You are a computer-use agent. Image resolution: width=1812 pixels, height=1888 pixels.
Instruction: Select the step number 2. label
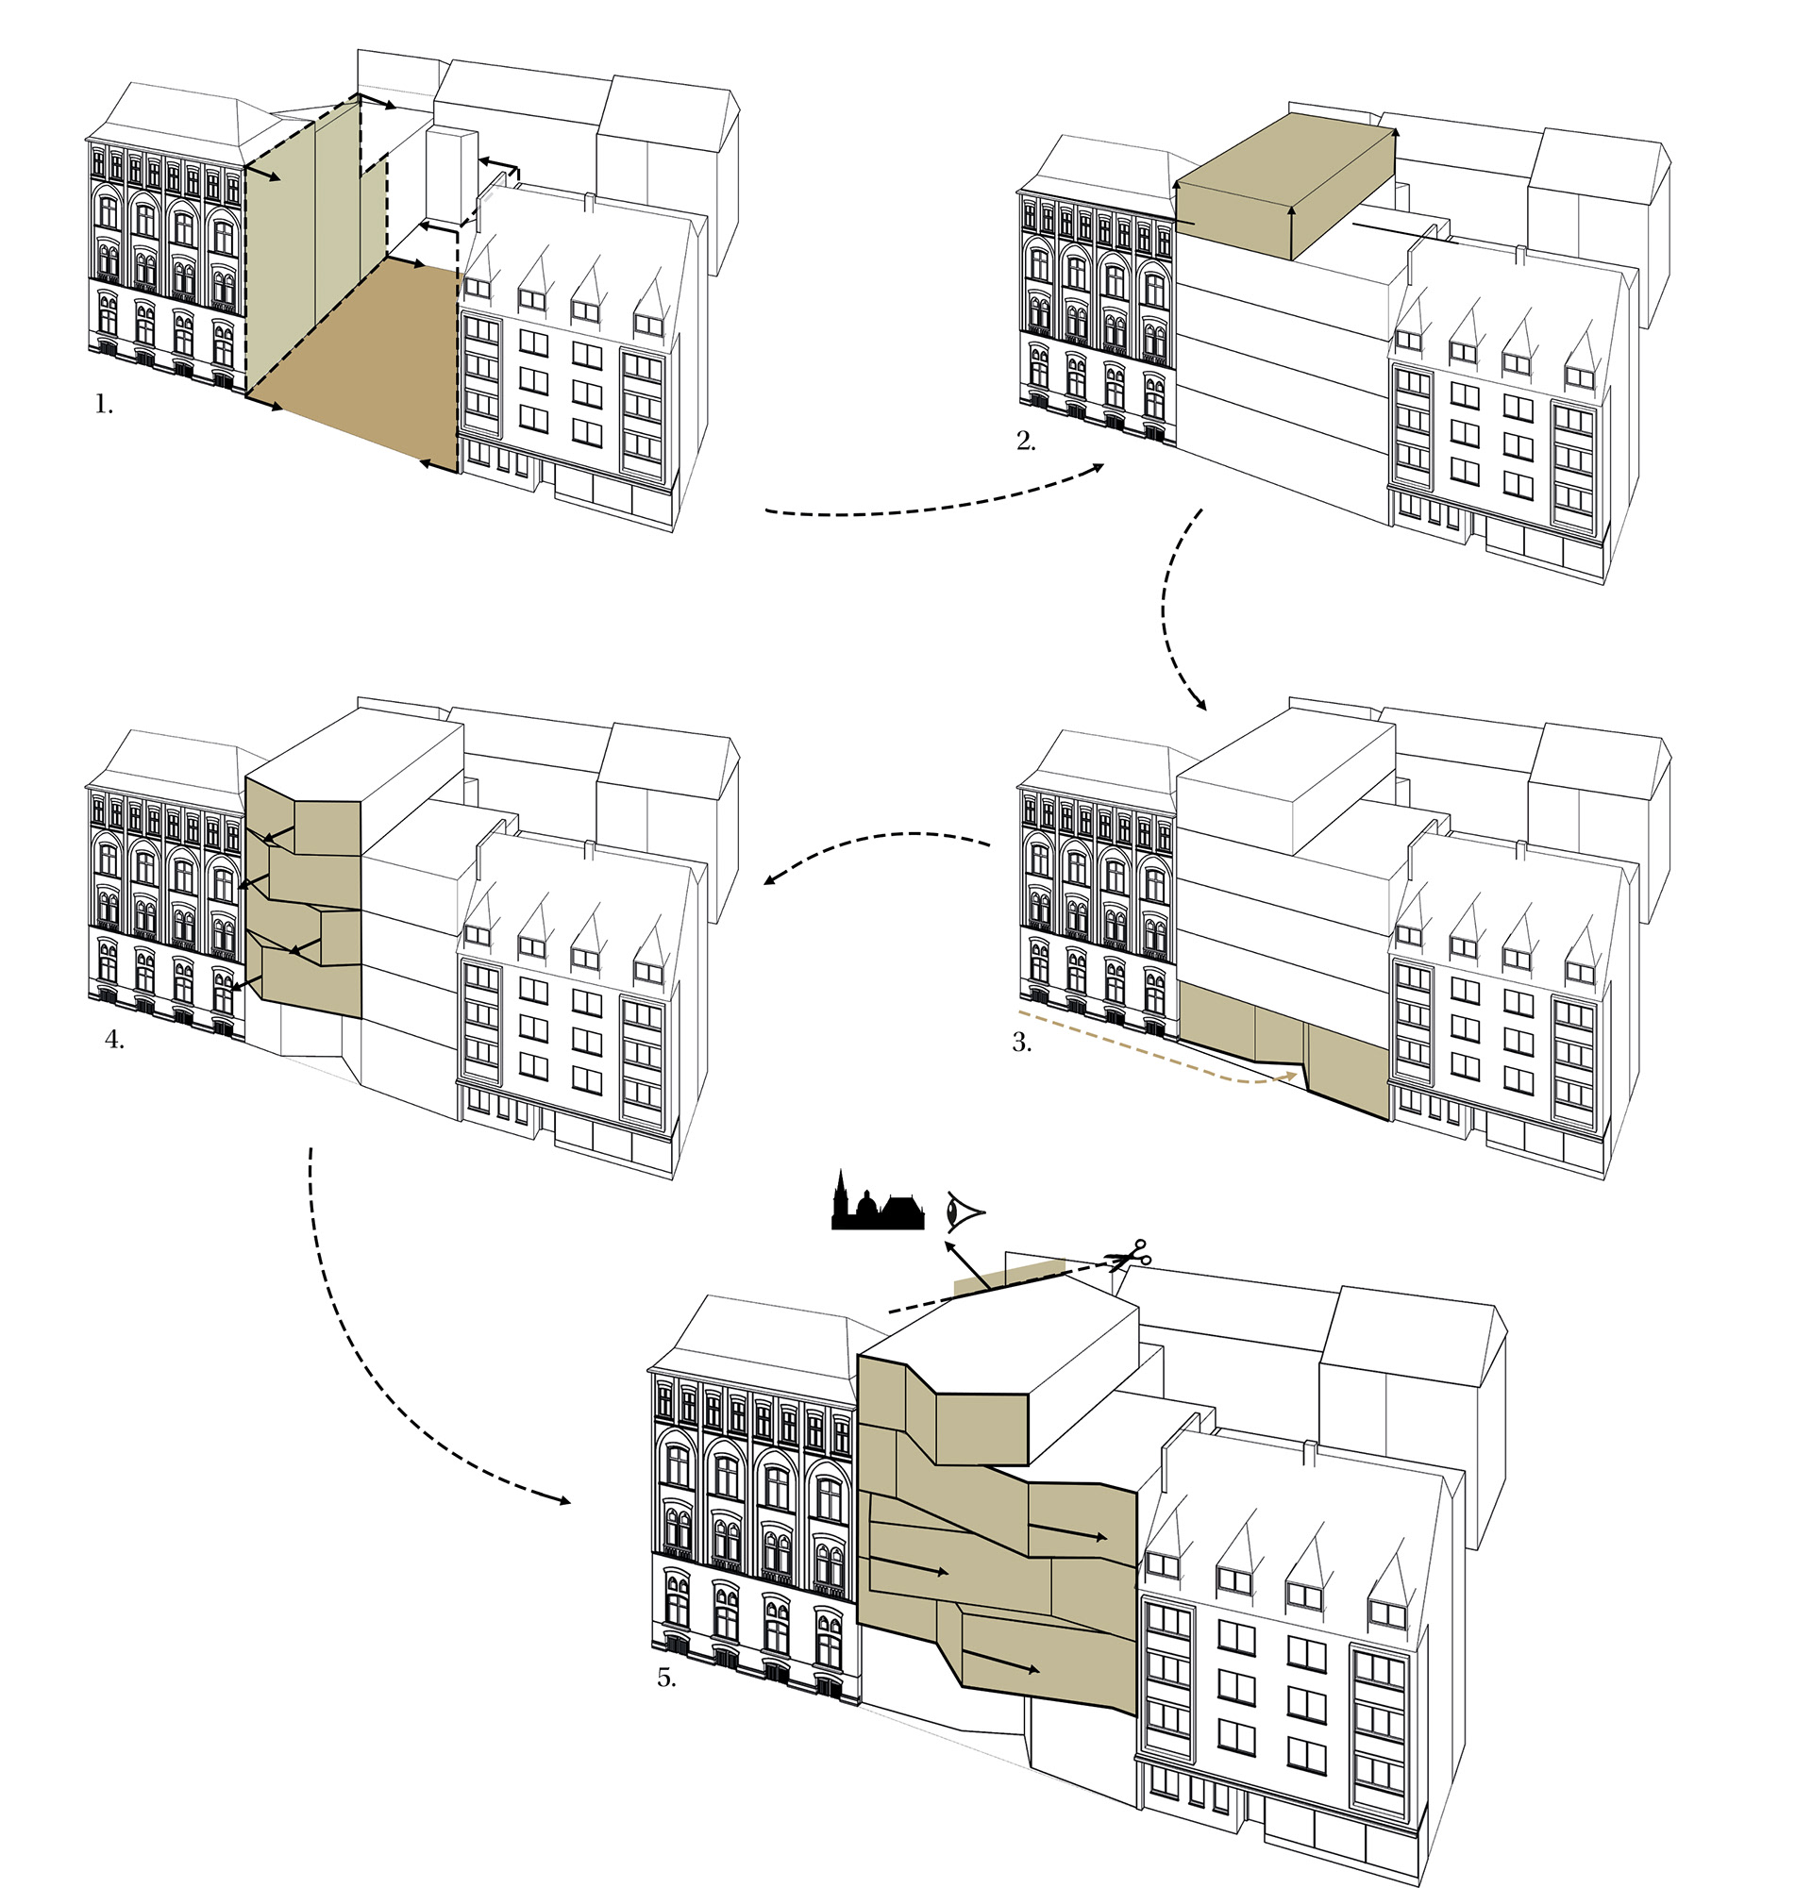pyautogui.click(x=1026, y=442)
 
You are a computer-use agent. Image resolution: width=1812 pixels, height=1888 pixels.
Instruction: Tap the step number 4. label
pyautogui.click(x=114, y=1041)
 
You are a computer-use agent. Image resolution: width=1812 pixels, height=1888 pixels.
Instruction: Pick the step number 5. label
pyautogui.click(x=666, y=1678)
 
